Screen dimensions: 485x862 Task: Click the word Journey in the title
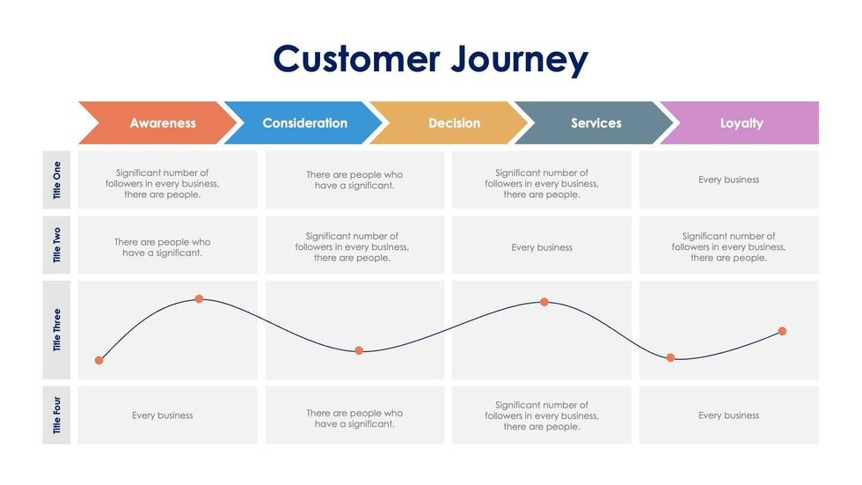click(520, 60)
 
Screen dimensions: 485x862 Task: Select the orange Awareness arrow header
click(158, 123)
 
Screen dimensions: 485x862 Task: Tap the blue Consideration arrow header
click(304, 123)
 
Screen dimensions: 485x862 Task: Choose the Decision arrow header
click(449, 123)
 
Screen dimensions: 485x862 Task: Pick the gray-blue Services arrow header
click(595, 123)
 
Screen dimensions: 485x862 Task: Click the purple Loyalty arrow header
click(741, 123)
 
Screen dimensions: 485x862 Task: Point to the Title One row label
click(57, 180)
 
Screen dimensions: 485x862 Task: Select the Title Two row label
click(57, 245)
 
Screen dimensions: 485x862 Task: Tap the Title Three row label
click(57, 330)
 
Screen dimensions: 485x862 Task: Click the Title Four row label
click(57, 415)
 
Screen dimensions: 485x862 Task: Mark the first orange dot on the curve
click(99, 360)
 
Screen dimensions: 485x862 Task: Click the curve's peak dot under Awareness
click(199, 299)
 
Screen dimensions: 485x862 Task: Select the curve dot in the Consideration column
click(359, 350)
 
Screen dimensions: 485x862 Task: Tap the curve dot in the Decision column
click(544, 302)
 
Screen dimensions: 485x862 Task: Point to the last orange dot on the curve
click(782, 331)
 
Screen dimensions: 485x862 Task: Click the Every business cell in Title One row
click(728, 180)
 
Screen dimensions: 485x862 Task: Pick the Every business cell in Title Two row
click(542, 247)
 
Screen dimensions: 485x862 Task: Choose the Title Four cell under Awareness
click(163, 415)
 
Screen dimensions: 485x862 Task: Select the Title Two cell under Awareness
click(163, 247)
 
